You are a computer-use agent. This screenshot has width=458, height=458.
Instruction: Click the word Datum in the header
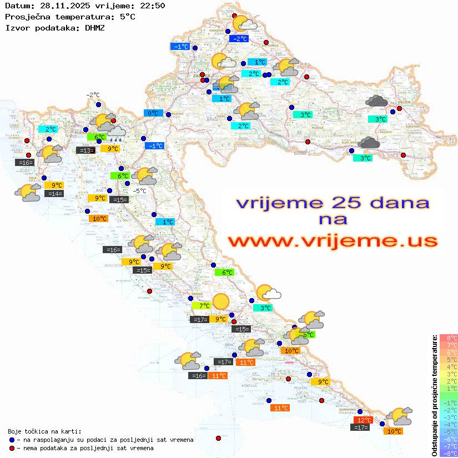point(17,6)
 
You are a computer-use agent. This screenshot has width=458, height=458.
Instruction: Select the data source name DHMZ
point(95,27)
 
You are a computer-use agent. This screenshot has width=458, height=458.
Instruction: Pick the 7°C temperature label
point(202,305)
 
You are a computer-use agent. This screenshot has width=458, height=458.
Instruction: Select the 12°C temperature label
point(363,420)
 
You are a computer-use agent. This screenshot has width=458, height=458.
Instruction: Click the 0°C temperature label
point(152,113)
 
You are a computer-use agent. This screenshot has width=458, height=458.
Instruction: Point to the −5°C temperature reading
point(139,191)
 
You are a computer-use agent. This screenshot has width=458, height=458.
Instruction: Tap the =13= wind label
point(85,150)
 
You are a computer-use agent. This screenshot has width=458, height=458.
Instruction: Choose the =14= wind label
point(54,194)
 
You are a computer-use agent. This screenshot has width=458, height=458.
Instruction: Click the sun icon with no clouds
point(221,300)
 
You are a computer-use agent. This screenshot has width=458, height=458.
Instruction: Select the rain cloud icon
point(116,132)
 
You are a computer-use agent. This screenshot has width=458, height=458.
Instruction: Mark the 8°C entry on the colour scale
point(449,338)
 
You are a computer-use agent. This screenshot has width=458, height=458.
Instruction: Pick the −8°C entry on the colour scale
point(449,453)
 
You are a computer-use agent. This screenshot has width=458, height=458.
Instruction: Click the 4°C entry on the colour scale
point(449,366)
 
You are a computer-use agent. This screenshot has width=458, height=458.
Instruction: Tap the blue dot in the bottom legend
point(12,440)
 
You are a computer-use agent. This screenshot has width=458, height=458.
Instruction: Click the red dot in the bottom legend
point(12,448)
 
